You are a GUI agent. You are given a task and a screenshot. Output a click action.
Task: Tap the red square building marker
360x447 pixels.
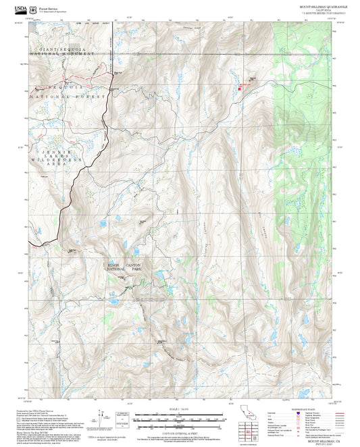coord(239,87)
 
